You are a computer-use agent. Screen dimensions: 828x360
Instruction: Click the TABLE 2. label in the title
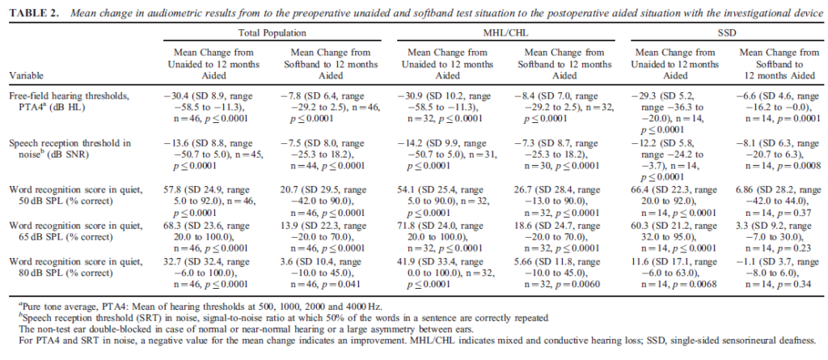point(35,14)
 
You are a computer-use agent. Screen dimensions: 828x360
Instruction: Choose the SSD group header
point(727,33)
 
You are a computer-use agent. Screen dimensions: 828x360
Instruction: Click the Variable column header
point(25,76)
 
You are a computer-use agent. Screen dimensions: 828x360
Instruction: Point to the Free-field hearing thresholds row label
point(70,101)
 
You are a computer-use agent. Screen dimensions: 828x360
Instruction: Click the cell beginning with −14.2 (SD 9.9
point(450,154)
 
